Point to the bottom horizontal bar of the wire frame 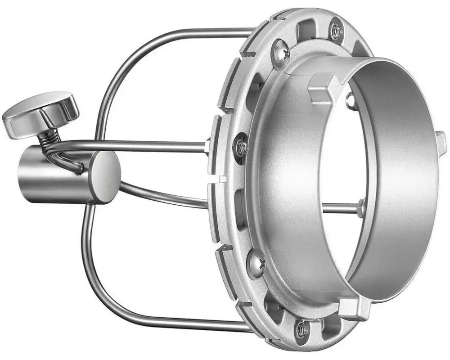tap(180, 321)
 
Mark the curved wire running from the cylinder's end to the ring tap(162, 196)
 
